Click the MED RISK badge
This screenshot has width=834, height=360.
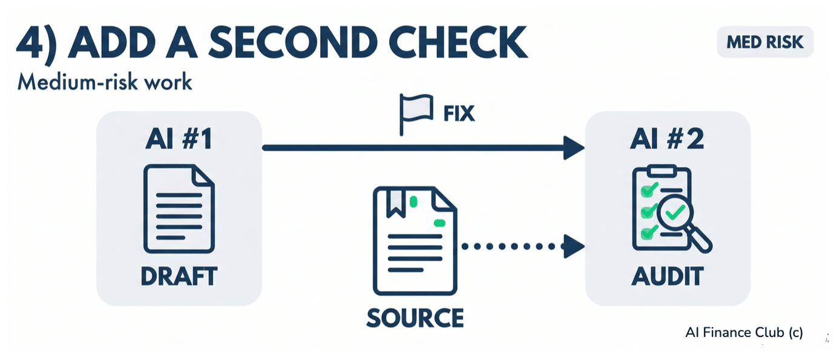pos(765,42)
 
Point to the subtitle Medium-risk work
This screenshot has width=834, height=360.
pos(105,82)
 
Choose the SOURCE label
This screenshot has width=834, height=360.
pos(415,316)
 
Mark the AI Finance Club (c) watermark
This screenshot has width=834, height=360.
pos(744,332)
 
